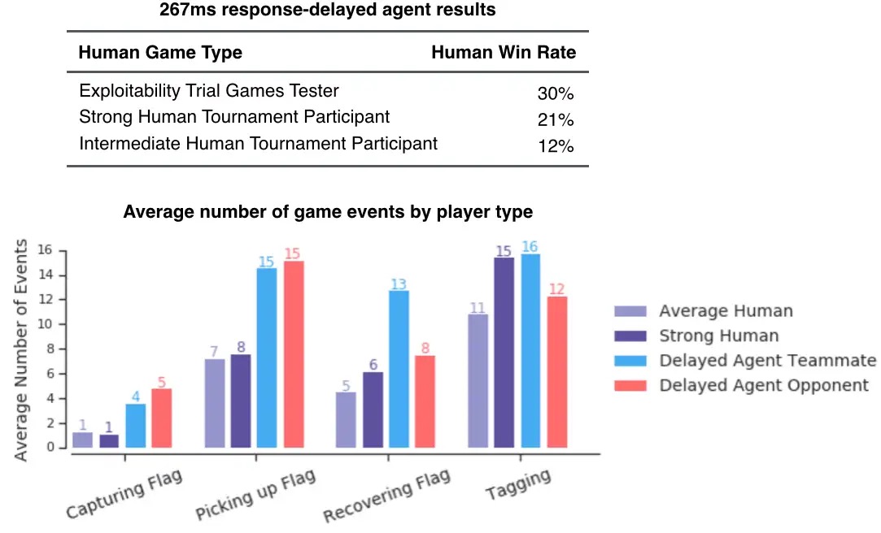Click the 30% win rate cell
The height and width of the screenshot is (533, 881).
click(x=556, y=93)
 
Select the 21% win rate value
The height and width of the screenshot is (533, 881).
click(x=556, y=120)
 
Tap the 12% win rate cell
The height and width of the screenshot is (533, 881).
click(x=556, y=146)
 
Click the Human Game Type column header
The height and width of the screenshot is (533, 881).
click(x=160, y=53)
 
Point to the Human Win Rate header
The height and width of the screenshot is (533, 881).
click(x=503, y=53)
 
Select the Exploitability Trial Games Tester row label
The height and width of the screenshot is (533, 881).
click(x=209, y=91)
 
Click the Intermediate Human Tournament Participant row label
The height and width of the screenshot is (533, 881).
click(x=258, y=144)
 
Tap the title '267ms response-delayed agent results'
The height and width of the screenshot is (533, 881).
click(x=327, y=11)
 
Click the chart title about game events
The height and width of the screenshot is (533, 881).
click(x=328, y=213)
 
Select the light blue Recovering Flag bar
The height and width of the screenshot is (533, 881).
click(x=399, y=369)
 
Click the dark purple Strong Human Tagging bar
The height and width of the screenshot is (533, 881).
click(x=504, y=353)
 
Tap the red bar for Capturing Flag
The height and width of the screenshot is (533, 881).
click(x=161, y=418)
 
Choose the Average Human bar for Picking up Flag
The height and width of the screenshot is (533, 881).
click(x=214, y=403)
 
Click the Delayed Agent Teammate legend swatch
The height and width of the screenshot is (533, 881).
click(x=630, y=361)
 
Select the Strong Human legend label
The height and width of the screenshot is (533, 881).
click(x=718, y=336)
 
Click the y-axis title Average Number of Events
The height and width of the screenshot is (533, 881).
click(x=21, y=350)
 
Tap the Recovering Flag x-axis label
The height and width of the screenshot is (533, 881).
click(x=386, y=496)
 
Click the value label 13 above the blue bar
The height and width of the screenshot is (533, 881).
click(x=399, y=284)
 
